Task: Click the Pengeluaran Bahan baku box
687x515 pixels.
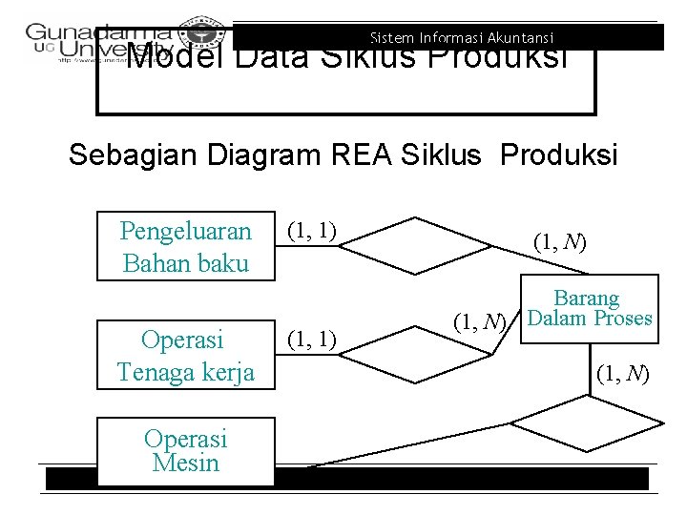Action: (x=186, y=246)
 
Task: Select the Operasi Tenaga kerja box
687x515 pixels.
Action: (x=186, y=355)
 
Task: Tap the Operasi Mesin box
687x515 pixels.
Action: (x=185, y=450)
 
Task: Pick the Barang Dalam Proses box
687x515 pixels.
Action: (x=589, y=309)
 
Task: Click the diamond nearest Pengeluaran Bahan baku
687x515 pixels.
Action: (x=414, y=239)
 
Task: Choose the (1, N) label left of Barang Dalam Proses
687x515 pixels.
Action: (x=478, y=321)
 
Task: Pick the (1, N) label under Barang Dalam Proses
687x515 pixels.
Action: (x=622, y=373)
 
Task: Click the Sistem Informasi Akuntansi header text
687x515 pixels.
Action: (x=462, y=38)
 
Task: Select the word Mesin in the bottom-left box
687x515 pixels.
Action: (x=185, y=463)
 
